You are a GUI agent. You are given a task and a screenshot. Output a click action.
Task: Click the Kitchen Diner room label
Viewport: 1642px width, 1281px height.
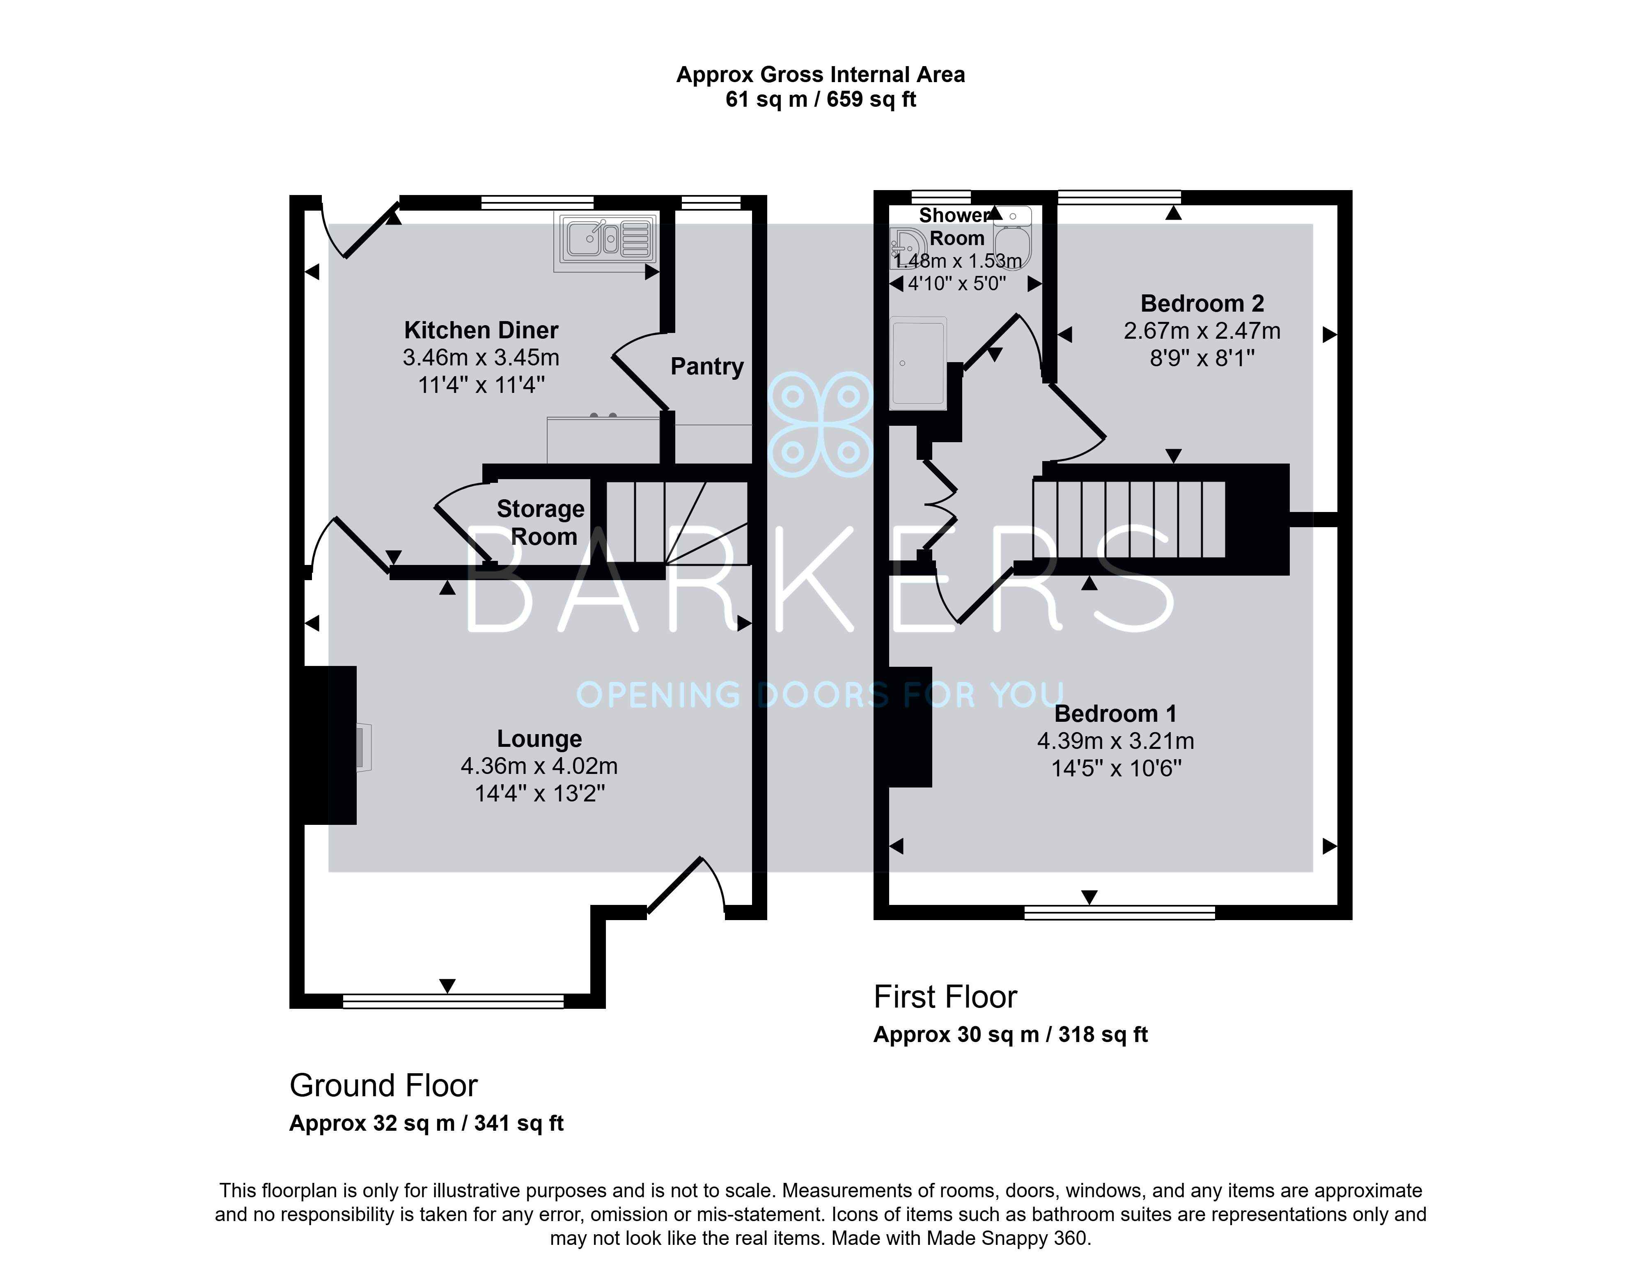481,330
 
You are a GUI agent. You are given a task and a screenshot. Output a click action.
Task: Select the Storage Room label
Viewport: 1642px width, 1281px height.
541,523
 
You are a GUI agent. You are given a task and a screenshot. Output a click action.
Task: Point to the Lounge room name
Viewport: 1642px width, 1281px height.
539,739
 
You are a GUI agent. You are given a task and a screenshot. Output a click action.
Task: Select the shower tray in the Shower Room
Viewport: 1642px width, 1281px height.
918,363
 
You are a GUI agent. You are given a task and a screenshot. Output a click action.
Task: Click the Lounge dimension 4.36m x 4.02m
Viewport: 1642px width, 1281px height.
539,766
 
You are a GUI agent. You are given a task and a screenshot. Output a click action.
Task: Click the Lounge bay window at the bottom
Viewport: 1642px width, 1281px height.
453,1001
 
